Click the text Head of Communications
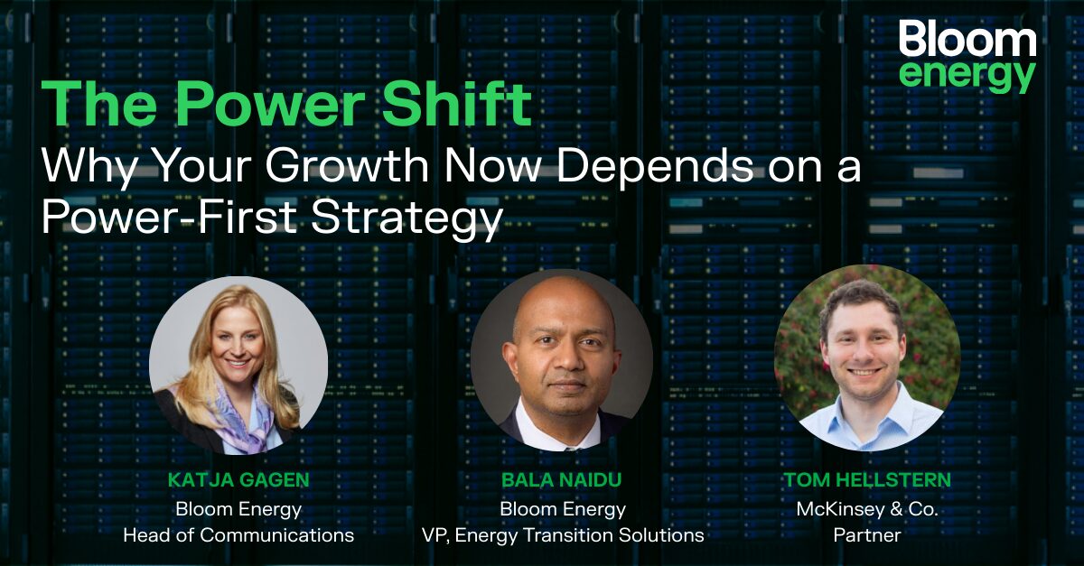click(x=238, y=534)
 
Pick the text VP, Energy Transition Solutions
click(x=562, y=534)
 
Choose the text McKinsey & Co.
click(x=867, y=508)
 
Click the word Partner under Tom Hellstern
click(x=867, y=534)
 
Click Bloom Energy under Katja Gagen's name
click(x=238, y=508)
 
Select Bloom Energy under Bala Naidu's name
click(x=562, y=508)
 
